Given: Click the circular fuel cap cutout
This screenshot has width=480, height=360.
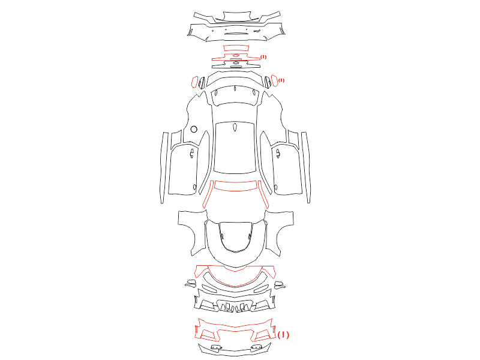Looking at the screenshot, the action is (x=194, y=129).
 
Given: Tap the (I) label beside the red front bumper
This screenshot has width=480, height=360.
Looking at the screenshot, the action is (x=283, y=335).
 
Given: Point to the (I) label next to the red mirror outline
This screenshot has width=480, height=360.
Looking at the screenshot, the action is (x=281, y=80).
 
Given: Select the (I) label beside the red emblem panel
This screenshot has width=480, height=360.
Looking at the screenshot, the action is (x=263, y=57).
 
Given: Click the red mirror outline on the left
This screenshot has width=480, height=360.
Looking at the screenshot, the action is (x=194, y=82).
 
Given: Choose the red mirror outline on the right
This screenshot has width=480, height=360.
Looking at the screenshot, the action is (x=275, y=81).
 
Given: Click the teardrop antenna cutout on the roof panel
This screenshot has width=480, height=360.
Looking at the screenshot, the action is (x=235, y=127).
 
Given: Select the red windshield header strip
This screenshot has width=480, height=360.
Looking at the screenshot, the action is (x=235, y=186).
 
